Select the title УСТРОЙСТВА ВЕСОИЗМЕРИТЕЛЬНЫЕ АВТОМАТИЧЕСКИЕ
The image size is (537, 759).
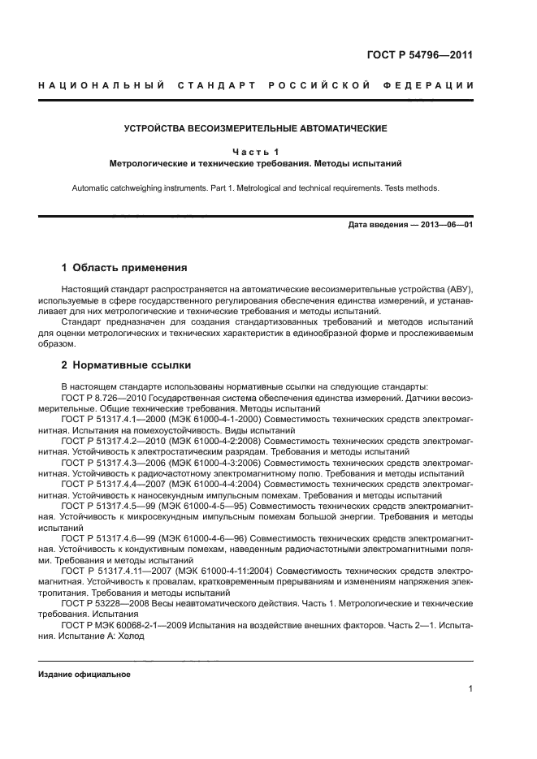tap(255, 128)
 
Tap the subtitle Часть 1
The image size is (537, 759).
tap(255, 151)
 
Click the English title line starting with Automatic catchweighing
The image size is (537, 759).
tap(255, 188)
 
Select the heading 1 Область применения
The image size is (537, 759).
tap(125, 267)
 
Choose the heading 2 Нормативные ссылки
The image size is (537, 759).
tap(126, 365)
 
